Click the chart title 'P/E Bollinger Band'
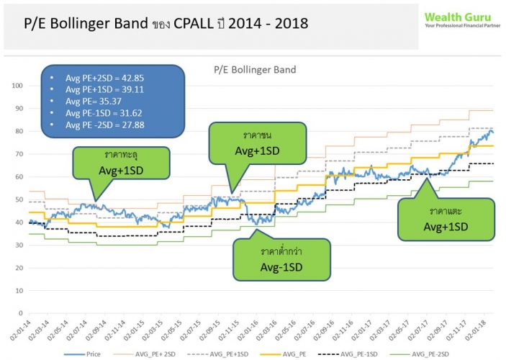point(255,70)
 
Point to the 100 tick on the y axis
point(18,86)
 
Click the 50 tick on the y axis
point(19,199)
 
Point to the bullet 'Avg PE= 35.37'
point(94,101)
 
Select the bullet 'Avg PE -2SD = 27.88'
point(107,125)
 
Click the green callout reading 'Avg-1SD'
point(281,266)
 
